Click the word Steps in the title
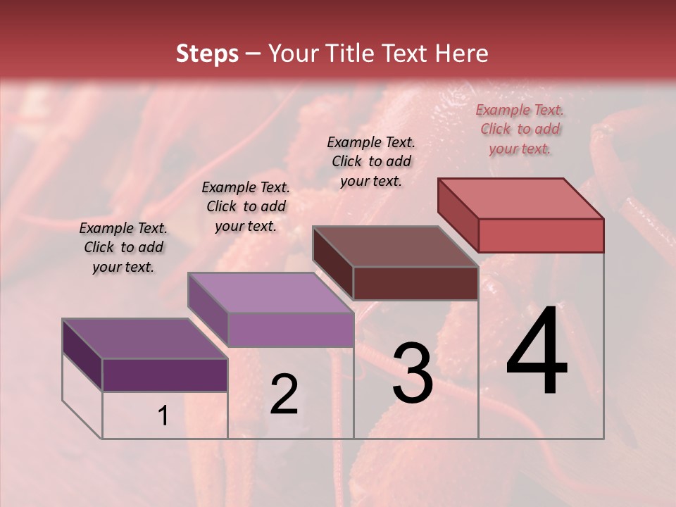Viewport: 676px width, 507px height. tap(207, 54)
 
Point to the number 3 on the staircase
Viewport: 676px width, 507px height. tap(412, 373)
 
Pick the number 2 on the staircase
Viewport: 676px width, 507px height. tap(284, 394)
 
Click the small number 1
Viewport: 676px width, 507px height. tap(163, 416)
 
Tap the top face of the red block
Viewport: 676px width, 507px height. tap(521, 198)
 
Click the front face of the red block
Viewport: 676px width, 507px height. tap(541, 235)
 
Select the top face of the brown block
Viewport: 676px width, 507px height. tap(395, 246)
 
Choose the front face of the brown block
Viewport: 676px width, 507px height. tap(415, 283)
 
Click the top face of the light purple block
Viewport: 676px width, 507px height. tap(270, 292)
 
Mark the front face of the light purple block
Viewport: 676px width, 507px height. tap(290, 330)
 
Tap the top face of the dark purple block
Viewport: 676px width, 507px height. tap(144, 339)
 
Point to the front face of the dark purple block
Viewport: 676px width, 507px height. tap(165, 375)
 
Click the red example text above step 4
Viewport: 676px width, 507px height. tap(520, 130)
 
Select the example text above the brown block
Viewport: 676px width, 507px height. tap(371, 161)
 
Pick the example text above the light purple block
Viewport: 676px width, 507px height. tap(246, 206)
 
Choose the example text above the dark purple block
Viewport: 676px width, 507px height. tap(123, 247)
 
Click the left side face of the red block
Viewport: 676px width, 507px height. tap(458, 214)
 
